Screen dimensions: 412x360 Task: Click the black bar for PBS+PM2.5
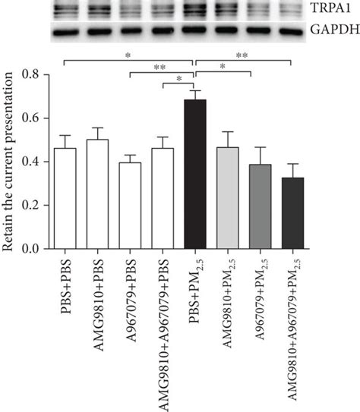(x=195, y=174)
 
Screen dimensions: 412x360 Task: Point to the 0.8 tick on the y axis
(x=36, y=74)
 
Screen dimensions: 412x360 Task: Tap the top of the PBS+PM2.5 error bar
(x=195, y=90)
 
